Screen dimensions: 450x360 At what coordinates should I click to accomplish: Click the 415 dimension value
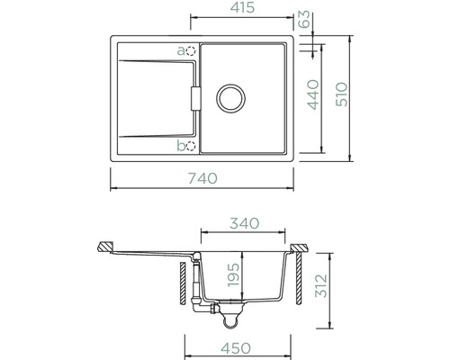[x=242, y=7]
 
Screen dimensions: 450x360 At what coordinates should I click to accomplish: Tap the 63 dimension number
[x=305, y=19]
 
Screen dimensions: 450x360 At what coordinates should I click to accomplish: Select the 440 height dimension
[x=313, y=94]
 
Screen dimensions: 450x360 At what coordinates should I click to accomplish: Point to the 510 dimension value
[x=342, y=94]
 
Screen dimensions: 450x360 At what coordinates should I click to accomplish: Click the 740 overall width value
[x=202, y=178]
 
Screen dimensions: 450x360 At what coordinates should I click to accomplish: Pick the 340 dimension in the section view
[x=244, y=223]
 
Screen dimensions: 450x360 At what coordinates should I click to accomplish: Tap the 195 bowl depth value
[x=233, y=275]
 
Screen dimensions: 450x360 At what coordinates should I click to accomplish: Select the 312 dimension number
[x=321, y=285]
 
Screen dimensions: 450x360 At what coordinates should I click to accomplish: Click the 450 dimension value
[x=236, y=348]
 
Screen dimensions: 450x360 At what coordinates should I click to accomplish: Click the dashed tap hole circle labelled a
[x=191, y=51]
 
